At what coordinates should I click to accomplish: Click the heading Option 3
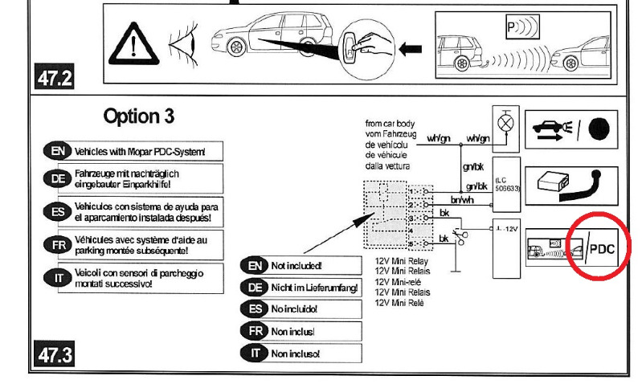point(138,116)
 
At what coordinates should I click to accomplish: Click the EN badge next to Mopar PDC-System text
point(57,150)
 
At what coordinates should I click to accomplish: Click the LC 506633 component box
point(507,184)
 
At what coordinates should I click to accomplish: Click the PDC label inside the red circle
point(601,249)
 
